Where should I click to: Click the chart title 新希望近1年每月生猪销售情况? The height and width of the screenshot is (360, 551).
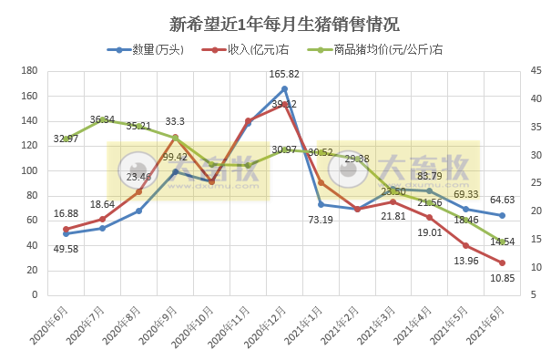pyautogui.click(x=275, y=23)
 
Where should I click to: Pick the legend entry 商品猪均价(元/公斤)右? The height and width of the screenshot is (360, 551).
pyautogui.click(x=383, y=49)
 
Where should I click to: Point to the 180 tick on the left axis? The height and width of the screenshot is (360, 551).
pyautogui.click(x=28, y=71)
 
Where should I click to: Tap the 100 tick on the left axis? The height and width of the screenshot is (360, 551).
pyautogui.click(x=28, y=171)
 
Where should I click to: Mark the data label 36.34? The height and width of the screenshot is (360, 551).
pyautogui.click(x=102, y=119)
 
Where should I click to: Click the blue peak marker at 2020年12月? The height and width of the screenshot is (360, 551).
pyautogui.click(x=284, y=89)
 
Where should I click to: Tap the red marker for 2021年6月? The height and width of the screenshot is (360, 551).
pyautogui.click(x=502, y=262)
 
